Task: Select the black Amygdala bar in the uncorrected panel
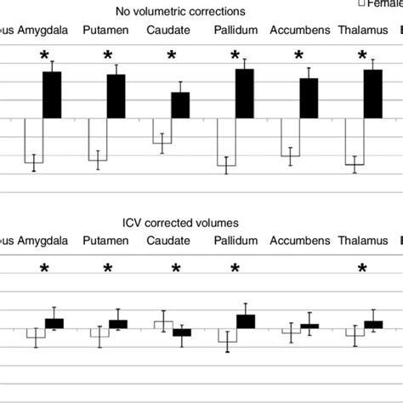tap(52, 95)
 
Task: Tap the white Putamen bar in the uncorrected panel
tap(98, 139)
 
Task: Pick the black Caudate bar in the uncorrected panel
tap(180, 105)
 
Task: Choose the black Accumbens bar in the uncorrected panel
tap(309, 99)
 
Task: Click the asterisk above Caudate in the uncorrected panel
tap(172, 56)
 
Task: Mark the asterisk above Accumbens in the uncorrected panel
tap(298, 56)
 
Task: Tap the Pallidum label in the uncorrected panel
tap(234, 31)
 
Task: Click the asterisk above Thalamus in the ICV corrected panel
tap(362, 269)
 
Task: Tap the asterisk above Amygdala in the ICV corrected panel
tap(44, 269)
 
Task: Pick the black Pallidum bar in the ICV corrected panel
tap(246, 321)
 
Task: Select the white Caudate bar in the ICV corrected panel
tap(163, 324)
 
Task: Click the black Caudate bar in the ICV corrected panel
tap(182, 332)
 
